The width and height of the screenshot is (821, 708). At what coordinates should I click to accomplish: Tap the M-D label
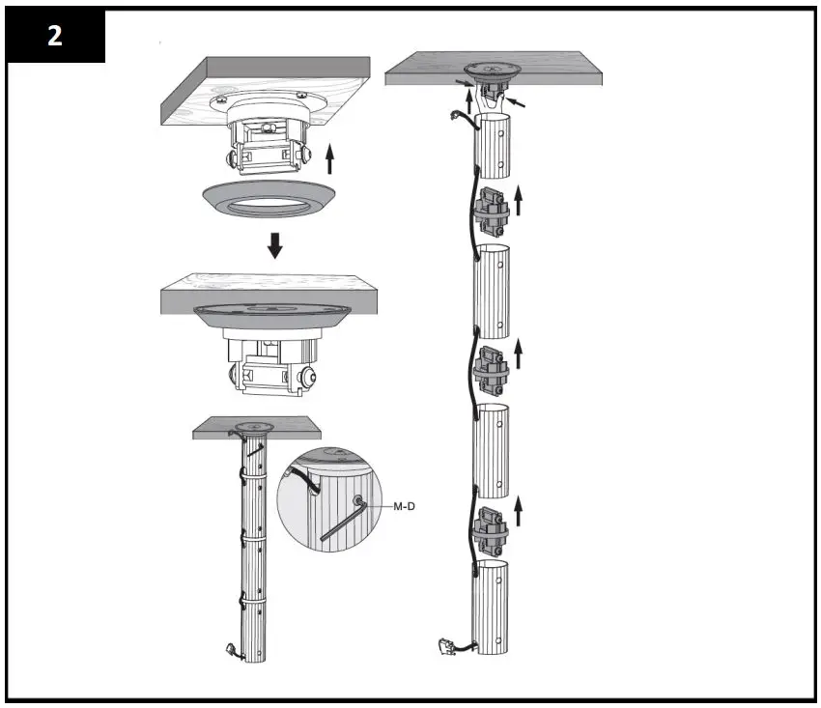click(x=404, y=504)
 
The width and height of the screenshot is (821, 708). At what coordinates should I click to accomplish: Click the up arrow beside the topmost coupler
click(x=519, y=200)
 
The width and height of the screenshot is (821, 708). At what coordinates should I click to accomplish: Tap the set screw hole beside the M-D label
click(x=360, y=500)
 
